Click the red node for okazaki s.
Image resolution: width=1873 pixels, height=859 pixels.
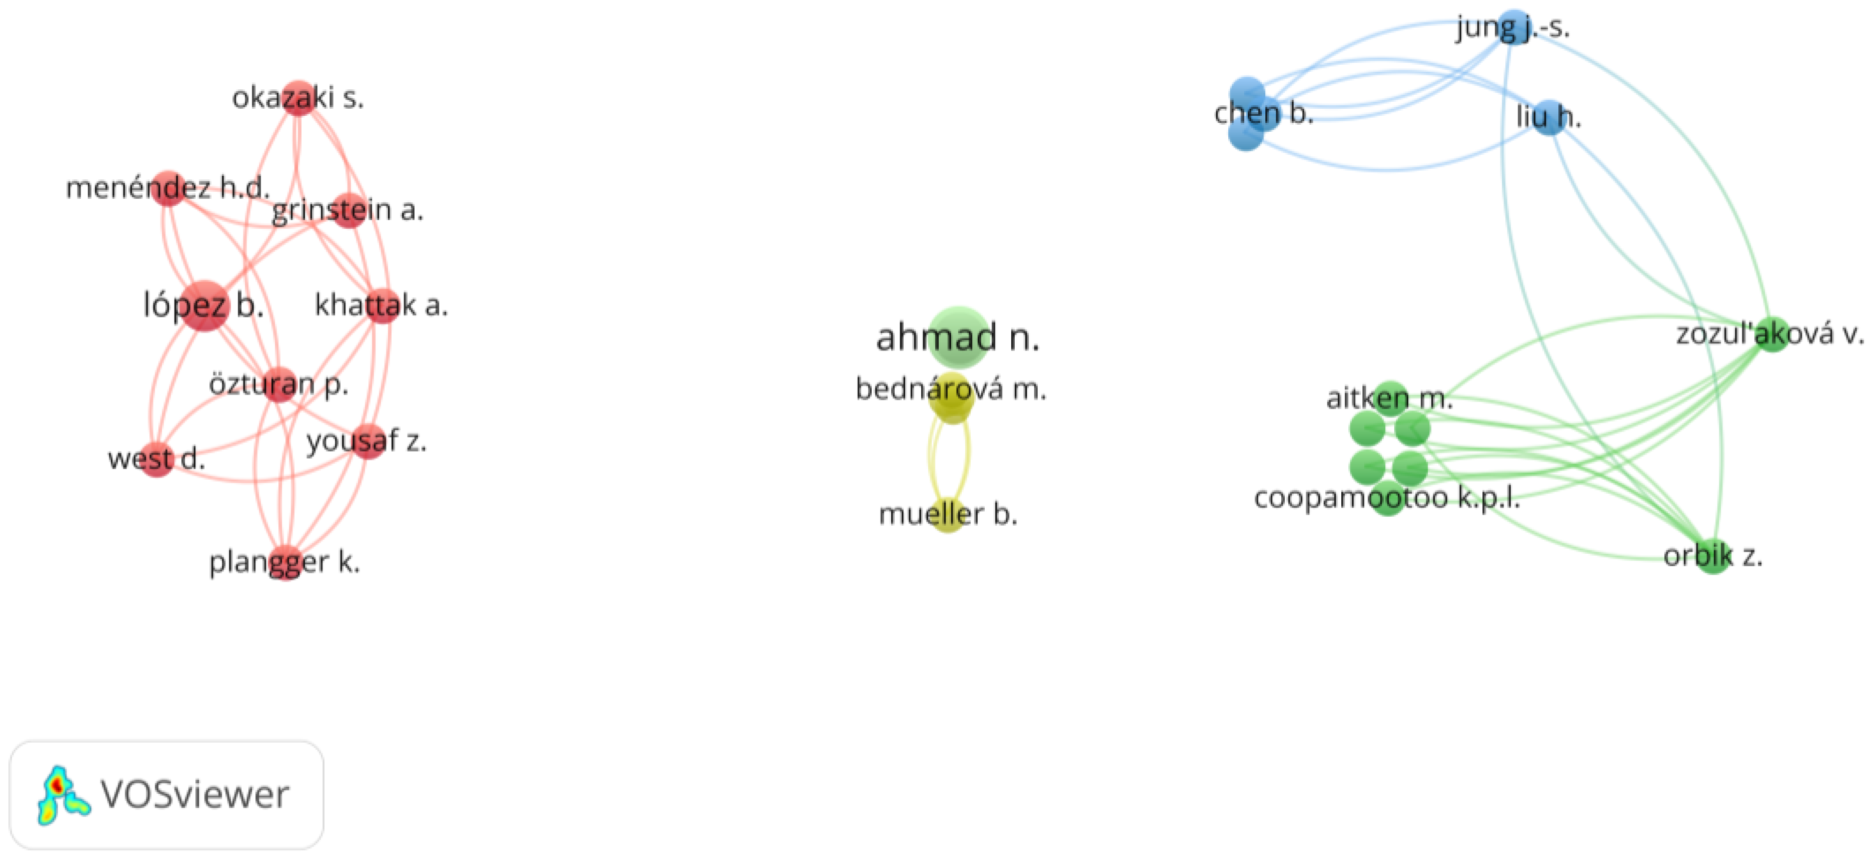tap(298, 98)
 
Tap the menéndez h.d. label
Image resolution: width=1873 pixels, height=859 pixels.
tap(167, 188)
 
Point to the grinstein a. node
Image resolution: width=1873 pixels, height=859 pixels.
tap(349, 210)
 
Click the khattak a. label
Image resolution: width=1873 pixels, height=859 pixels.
tap(381, 305)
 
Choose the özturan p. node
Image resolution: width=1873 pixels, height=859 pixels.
tap(279, 385)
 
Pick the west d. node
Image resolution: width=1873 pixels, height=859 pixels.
tap(156, 459)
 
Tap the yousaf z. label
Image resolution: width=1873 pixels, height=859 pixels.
tap(366, 441)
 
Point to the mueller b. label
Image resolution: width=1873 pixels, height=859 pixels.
tap(948, 514)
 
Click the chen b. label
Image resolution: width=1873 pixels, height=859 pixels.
tap(1264, 113)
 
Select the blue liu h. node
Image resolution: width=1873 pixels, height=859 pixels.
tap(1549, 117)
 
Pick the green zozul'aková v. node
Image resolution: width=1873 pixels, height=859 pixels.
tap(1772, 335)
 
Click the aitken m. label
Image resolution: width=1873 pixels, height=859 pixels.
tap(1389, 398)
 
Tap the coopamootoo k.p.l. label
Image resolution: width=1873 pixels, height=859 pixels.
tap(1387, 498)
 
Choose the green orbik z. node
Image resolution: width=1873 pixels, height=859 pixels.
tap(1714, 557)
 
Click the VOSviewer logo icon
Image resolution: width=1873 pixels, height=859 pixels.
tap(62, 796)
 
